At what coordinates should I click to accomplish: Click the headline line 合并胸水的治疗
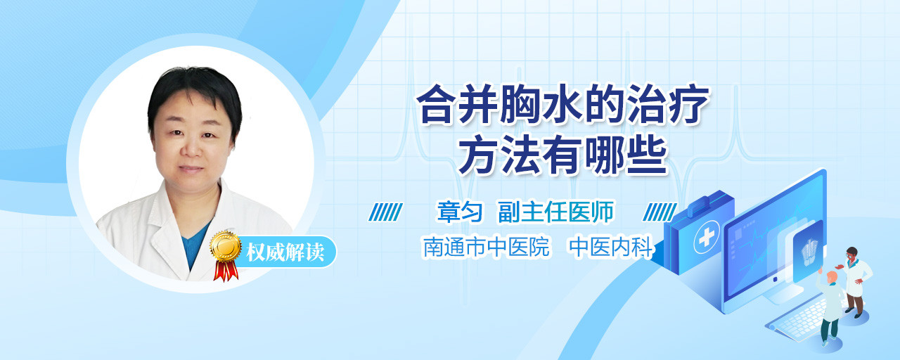pos(562,105)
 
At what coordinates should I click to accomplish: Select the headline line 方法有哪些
pos(562,154)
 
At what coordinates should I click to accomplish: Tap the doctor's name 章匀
pos(460,212)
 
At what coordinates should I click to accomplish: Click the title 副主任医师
pos(556,212)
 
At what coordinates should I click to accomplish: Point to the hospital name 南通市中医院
pos(486,246)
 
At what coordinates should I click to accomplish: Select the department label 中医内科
pos(611,246)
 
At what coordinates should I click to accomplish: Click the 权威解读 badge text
pos(285,252)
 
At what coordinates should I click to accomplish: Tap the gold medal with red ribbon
pos(226,255)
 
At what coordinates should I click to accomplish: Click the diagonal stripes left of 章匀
pos(385,212)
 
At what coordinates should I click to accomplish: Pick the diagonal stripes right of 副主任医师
pos(660,212)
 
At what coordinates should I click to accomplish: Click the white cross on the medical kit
pos(706,237)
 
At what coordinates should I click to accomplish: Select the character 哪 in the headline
pos(605,154)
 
